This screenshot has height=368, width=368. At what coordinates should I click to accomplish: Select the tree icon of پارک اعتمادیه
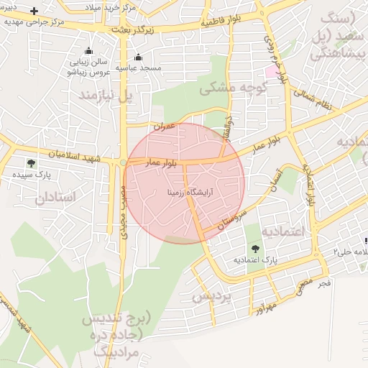tap(255, 248)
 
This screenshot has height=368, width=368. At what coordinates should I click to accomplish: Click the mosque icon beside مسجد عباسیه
tap(139, 57)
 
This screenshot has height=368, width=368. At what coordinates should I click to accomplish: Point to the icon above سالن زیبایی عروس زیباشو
tap(88, 51)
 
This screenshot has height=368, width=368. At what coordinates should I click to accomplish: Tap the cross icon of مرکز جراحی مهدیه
tap(34, 11)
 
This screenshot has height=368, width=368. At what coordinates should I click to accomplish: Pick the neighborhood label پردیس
tap(213, 296)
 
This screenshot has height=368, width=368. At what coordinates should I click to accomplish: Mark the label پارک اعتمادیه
tap(255, 259)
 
